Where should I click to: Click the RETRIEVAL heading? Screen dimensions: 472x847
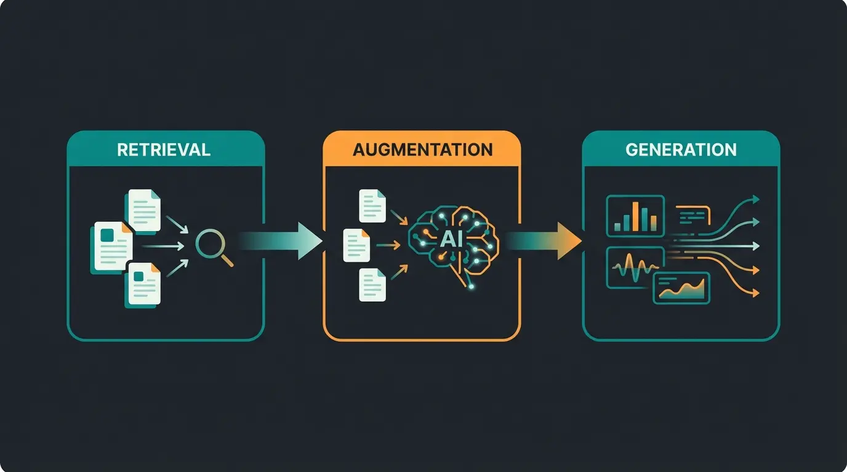point(164,149)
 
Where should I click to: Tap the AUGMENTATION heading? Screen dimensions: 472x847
point(422,149)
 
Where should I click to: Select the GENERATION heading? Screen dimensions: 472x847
point(681,149)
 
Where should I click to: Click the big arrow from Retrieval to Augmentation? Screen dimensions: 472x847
point(283,240)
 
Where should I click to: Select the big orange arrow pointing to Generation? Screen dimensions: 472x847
point(545,240)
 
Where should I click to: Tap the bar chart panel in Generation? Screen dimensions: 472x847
point(635,216)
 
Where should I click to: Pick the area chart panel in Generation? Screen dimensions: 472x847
point(682,288)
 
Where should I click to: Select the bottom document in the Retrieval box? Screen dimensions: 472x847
point(144,285)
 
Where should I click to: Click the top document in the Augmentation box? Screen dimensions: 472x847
point(372,206)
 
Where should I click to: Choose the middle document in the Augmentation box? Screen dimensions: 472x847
point(356,245)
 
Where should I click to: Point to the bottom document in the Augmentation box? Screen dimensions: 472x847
point(372,285)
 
